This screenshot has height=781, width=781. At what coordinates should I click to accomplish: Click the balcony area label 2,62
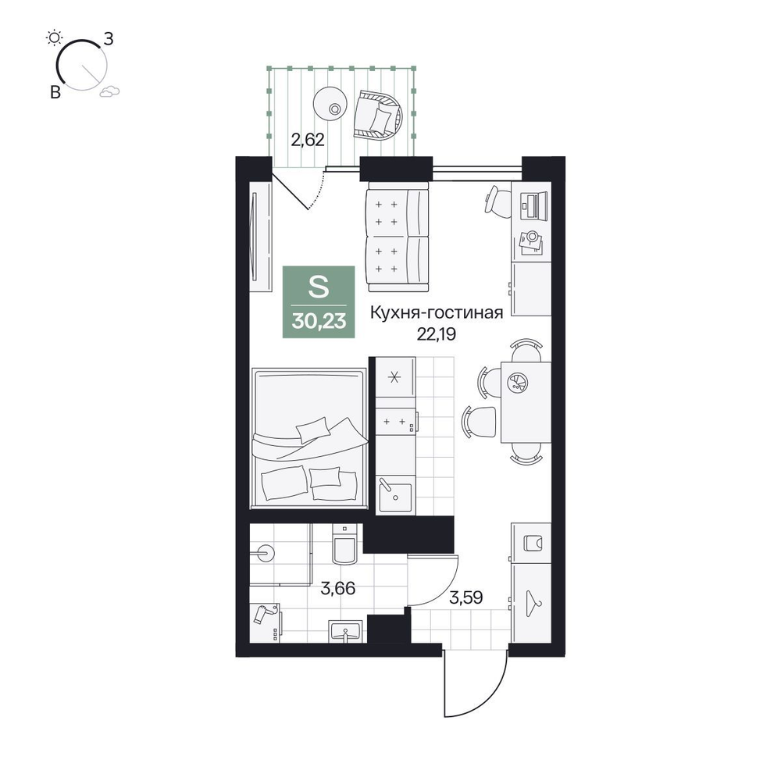tap(308, 140)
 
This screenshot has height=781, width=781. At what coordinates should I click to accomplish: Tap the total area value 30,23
tap(319, 321)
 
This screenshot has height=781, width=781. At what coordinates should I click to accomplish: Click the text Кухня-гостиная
tap(437, 313)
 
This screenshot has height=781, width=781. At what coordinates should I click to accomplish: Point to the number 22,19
tap(437, 334)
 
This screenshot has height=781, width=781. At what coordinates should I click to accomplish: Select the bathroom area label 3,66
tap(338, 588)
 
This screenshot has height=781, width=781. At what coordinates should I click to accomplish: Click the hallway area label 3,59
tap(465, 597)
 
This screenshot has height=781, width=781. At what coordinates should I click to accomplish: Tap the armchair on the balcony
tap(377, 115)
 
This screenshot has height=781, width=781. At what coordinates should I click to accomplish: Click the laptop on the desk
tap(530, 205)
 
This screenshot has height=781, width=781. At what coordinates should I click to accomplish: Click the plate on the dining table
tap(518, 383)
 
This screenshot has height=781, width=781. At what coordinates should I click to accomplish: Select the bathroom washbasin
tap(344, 632)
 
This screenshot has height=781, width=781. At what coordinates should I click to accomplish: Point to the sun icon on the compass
tap(54, 37)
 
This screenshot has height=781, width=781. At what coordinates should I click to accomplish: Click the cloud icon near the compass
tap(109, 91)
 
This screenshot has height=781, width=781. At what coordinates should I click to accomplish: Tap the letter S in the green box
tap(319, 287)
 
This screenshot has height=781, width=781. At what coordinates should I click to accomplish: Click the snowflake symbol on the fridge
tap(394, 377)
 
